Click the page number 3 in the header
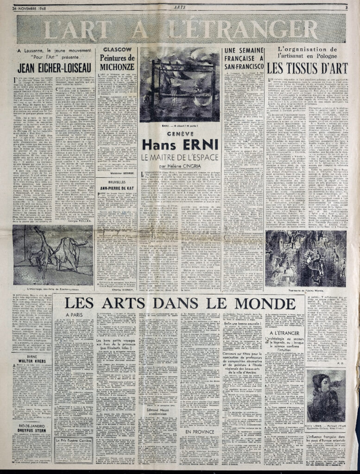coord(346,7)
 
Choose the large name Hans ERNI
coord(180,144)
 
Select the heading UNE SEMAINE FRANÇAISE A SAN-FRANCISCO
coord(244,59)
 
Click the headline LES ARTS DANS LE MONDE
coord(180,304)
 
